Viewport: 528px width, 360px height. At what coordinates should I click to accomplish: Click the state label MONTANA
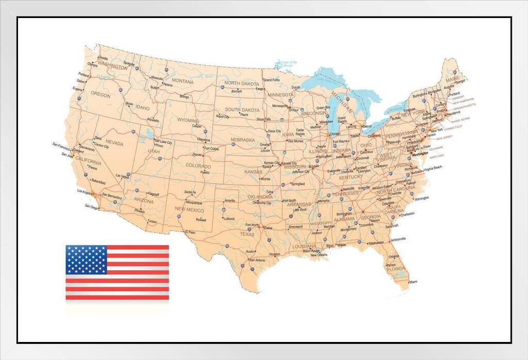(183, 81)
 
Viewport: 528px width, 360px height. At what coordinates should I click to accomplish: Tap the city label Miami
(413, 282)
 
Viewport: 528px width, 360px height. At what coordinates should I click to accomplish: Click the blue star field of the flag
(86, 260)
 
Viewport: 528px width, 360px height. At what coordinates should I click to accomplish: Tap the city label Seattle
(103, 58)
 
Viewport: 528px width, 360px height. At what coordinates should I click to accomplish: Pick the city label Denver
(197, 154)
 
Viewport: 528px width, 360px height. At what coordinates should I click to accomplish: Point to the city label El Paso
(191, 232)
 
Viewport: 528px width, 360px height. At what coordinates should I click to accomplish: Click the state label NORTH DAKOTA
(241, 84)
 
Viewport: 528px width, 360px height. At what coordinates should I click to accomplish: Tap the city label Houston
(274, 254)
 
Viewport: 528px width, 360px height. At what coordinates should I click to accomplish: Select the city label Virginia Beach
(433, 167)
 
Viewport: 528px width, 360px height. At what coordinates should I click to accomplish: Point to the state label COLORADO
(199, 166)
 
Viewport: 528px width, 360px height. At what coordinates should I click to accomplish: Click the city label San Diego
(91, 207)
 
